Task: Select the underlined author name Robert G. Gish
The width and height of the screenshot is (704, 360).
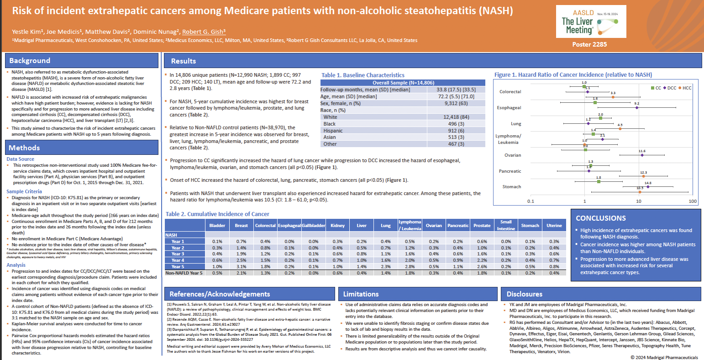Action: pyautogui.click(x=204, y=32)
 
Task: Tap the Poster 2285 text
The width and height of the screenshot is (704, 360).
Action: pyautogui.click(x=589, y=44)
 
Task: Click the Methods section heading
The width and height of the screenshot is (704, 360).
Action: pyautogui.click(x=24, y=148)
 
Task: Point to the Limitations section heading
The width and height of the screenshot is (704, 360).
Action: pyautogui.click(x=361, y=294)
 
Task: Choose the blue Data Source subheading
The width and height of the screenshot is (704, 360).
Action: pyautogui.click(x=20, y=159)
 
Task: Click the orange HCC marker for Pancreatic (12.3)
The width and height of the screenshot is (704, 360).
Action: pyautogui.click(x=643, y=176)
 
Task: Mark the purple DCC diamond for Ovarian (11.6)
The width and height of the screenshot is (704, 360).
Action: pyautogui.click(x=642, y=155)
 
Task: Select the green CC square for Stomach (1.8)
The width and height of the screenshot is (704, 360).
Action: pyautogui.click(x=599, y=181)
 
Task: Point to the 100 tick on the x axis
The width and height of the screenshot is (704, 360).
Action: pyautogui.click(x=693, y=201)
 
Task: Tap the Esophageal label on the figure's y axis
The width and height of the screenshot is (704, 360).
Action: pyautogui.click(x=509, y=108)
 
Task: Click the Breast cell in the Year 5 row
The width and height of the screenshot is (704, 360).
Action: pyautogui.click(x=241, y=267)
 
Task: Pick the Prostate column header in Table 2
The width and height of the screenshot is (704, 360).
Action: pyautogui.click(x=482, y=225)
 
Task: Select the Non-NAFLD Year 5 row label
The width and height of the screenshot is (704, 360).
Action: pyautogui.click(x=184, y=273)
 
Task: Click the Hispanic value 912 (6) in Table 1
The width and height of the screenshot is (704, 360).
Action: pyautogui.click(x=456, y=131)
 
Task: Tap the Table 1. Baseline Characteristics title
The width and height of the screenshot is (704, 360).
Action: pyautogui.click(x=363, y=75)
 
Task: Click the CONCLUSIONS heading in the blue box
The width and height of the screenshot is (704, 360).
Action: pyautogui.click(x=601, y=218)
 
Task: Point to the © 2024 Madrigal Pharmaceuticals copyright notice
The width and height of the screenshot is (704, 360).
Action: pyautogui.click(x=664, y=357)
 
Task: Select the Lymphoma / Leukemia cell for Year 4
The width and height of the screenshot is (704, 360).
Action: pyautogui.click(x=410, y=260)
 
